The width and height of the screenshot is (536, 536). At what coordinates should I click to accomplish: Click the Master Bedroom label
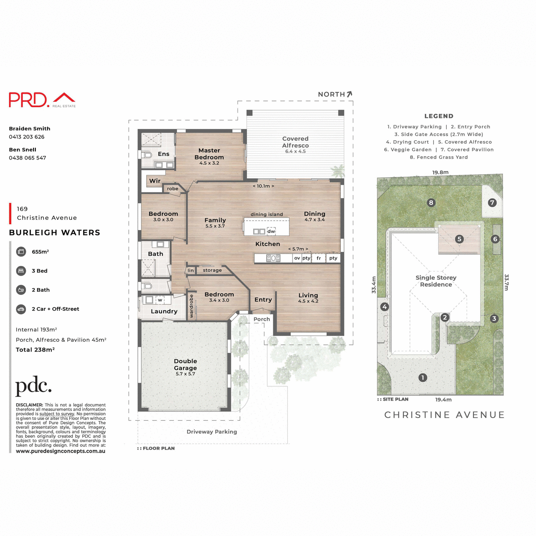(x=209, y=154)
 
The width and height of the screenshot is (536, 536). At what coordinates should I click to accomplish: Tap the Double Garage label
(x=185, y=364)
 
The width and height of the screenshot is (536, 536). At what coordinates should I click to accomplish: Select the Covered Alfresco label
(x=295, y=142)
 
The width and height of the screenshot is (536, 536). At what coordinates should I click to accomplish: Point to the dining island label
(x=267, y=214)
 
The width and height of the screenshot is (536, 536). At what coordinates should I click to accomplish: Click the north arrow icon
(x=349, y=94)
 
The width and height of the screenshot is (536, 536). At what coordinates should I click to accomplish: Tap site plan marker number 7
(x=492, y=202)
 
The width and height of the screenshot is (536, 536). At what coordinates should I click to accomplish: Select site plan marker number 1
(x=423, y=377)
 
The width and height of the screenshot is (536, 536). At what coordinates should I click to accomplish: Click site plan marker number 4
(x=385, y=306)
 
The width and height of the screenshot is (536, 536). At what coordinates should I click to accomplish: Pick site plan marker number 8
(x=431, y=202)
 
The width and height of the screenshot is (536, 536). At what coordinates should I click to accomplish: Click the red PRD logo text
(x=28, y=100)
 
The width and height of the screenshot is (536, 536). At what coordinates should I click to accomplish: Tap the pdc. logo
(x=33, y=386)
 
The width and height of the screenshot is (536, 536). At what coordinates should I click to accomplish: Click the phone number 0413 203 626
(x=27, y=137)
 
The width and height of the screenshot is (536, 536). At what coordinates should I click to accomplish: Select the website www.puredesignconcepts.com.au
(x=61, y=451)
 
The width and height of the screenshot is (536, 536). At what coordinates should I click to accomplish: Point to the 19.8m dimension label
(x=440, y=172)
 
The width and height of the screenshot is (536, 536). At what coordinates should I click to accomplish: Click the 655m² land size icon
(x=21, y=251)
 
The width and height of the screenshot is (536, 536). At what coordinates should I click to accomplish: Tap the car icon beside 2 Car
(x=21, y=309)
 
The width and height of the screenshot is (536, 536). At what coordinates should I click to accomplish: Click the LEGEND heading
(x=439, y=116)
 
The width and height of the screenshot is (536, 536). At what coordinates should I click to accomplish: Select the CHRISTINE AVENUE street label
(x=444, y=415)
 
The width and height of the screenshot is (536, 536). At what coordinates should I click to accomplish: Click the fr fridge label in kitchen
(x=318, y=258)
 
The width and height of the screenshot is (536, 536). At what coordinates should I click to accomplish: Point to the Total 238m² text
(x=35, y=350)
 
